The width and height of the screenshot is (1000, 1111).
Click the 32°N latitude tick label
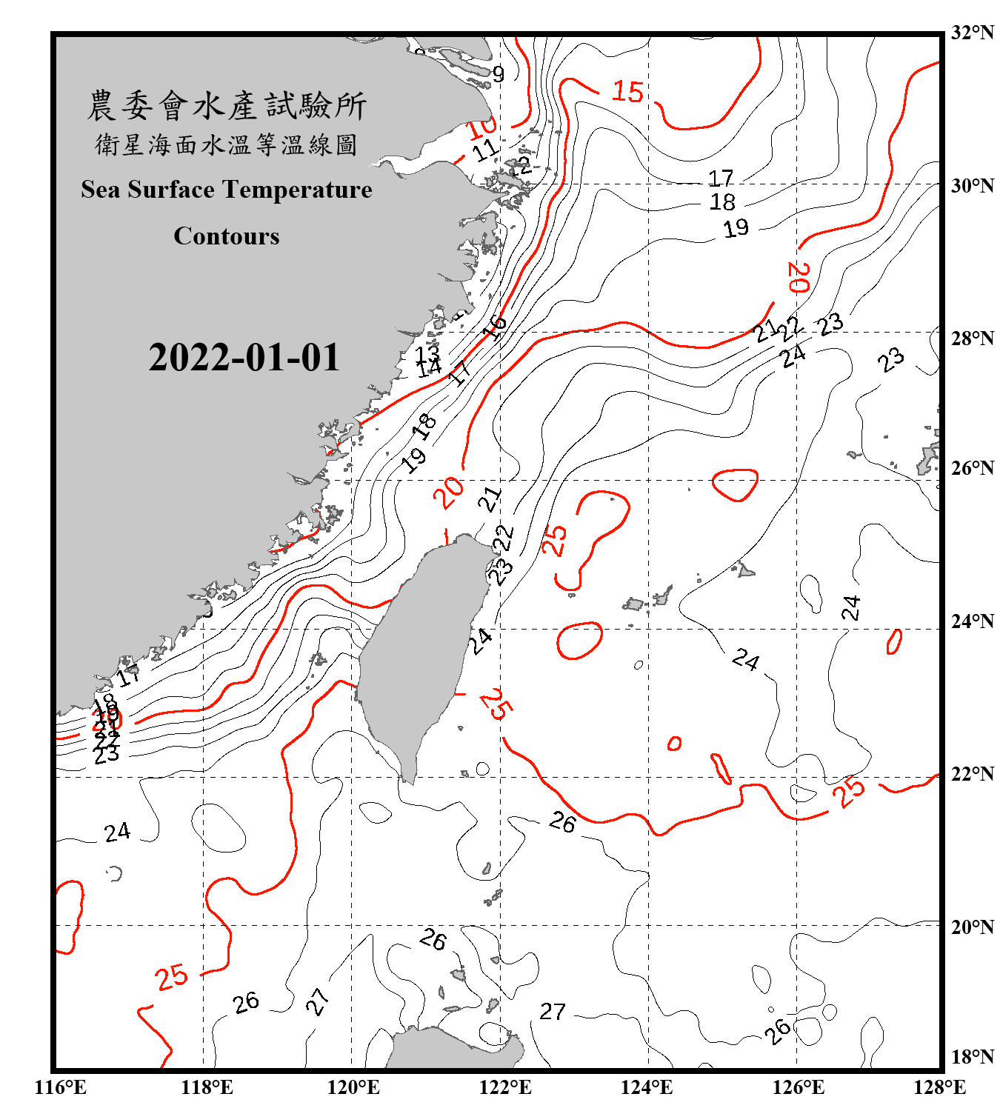tap(972, 33)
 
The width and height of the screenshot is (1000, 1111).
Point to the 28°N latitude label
tap(972, 338)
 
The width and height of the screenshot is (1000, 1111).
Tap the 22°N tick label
tap(972, 774)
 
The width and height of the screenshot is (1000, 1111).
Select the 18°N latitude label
tap(972, 1057)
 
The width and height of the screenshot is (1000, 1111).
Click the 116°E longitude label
tap(61, 1087)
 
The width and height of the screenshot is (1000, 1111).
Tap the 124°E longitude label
tap(647, 1087)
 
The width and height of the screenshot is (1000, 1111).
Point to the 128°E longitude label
tap(939, 1087)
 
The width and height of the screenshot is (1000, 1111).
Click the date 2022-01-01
tap(244, 358)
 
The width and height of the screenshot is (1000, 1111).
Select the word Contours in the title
tap(227, 236)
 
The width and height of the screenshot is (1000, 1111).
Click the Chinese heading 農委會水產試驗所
tap(227, 105)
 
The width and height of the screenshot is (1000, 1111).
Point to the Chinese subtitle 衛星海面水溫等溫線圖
tap(227, 145)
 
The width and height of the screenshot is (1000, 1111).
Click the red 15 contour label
tap(627, 92)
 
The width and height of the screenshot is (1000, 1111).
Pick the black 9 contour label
tap(498, 74)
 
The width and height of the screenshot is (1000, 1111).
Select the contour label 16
tap(495, 326)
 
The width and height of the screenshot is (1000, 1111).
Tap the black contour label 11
tap(485, 150)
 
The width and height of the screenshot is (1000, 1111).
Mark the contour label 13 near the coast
tap(427, 353)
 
